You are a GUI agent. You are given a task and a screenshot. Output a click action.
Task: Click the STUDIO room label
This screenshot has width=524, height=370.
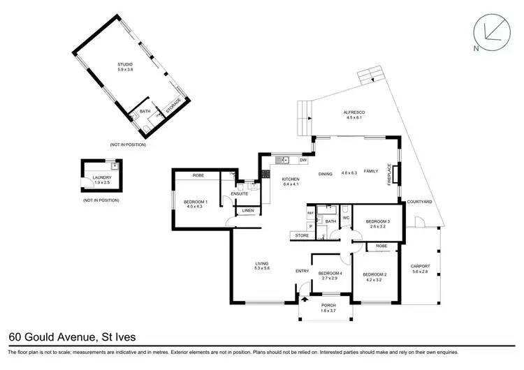(124, 65)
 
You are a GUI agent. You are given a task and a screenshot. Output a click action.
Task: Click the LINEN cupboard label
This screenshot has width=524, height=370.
(247, 210)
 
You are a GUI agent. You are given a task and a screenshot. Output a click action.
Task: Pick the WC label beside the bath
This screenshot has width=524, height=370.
(346, 217)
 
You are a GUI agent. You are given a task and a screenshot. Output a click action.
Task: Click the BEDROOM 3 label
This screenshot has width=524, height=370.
(377, 221)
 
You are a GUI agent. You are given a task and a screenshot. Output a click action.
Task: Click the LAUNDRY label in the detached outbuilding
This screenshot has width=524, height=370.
(102, 177)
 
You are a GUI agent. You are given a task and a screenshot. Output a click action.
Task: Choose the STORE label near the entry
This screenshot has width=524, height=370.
(302, 236)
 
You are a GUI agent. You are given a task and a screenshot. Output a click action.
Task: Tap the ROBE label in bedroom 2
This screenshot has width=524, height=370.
(381, 246)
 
